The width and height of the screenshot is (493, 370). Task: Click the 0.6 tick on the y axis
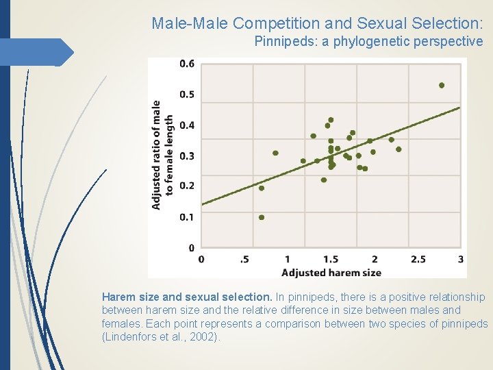click(x=186, y=64)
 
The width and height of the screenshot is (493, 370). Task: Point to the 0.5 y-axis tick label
click(x=186, y=95)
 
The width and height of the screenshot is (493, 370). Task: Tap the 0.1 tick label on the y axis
click(x=186, y=217)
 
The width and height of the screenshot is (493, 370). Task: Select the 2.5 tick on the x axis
click(x=417, y=259)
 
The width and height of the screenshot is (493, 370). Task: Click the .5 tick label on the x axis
click(x=244, y=259)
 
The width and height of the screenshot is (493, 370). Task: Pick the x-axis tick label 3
click(x=460, y=259)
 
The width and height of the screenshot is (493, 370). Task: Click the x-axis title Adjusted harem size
click(x=331, y=272)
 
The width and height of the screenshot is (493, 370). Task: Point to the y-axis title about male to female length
click(x=162, y=155)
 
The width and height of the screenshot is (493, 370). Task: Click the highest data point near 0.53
click(x=442, y=86)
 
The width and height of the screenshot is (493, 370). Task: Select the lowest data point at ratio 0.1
click(x=261, y=217)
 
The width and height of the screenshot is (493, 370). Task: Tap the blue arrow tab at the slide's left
click(x=38, y=52)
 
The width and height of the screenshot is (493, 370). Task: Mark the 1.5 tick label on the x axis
click(x=330, y=259)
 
